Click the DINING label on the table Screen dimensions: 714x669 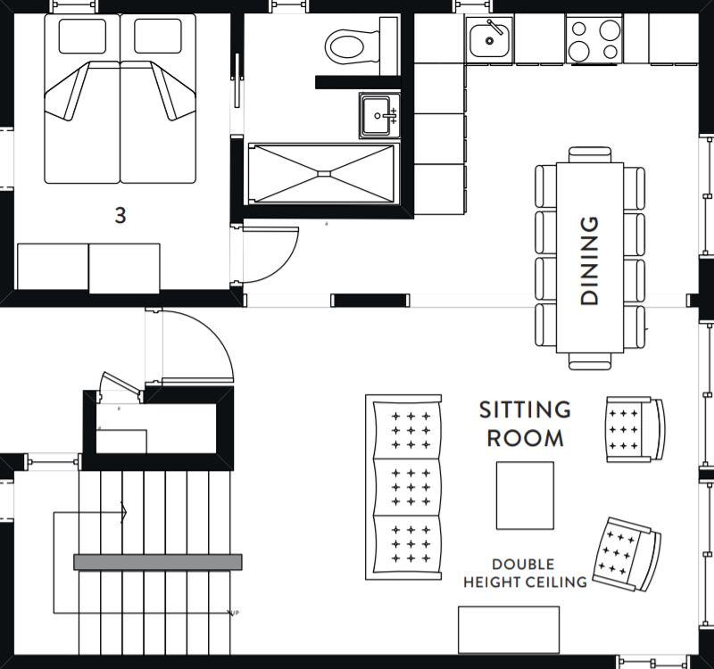pyautogui.click(x=589, y=260)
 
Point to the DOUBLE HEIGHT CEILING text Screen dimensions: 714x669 pyautogui.click(x=525, y=573)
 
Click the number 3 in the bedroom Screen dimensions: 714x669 pyautogui.click(x=120, y=216)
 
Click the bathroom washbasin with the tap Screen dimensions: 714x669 pyautogui.click(x=379, y=116)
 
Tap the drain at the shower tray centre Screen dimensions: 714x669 pyautogui.click(x=324, y=173)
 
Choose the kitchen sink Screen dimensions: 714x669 pyautogui.click(x=489, y=39)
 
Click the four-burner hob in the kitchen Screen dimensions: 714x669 pyautogui.click(x=594, y=39)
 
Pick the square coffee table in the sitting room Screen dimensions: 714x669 pyautogui.click(x=525, y=496)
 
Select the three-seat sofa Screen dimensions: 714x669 pyautogui.click(x=403, y=487)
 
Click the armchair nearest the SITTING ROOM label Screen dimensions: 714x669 pyautogui.click(x=635, y=430)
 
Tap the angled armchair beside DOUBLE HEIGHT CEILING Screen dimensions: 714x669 pyautogui.click(x=627, y=553)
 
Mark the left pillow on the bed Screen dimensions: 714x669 pyautogui.click(x=82, y=36)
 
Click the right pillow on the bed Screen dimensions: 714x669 pyautogui.click(x=158, y=36)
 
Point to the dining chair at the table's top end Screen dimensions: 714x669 pyautogui.click(x=590, y=154)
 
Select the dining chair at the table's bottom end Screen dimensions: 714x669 pyautogui.click(x=590, y=361)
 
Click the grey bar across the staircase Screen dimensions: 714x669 pyautogui.click(x=158, y=562)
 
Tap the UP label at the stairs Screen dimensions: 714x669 pyautogui.click(x=235, y=613)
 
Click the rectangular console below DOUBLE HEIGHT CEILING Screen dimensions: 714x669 pyautogui.click(x=509, y=630)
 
